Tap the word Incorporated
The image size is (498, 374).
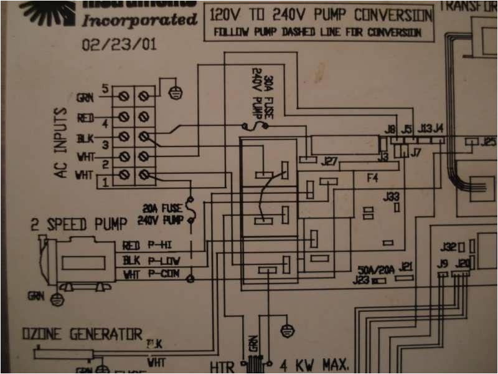coord(139,20)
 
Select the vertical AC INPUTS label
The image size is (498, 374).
coord(60,143)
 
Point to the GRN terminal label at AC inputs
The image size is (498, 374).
coord(85,98)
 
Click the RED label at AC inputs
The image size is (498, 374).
coord(85,118)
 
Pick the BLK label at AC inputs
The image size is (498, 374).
coord(85,138)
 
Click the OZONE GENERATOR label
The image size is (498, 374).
coord(83,335)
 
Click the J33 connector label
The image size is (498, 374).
coord(392,197)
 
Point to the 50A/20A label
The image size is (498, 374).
coord(376,270)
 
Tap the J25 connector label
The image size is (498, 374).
coord(488,141)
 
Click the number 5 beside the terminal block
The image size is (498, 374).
coord(105,89)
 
